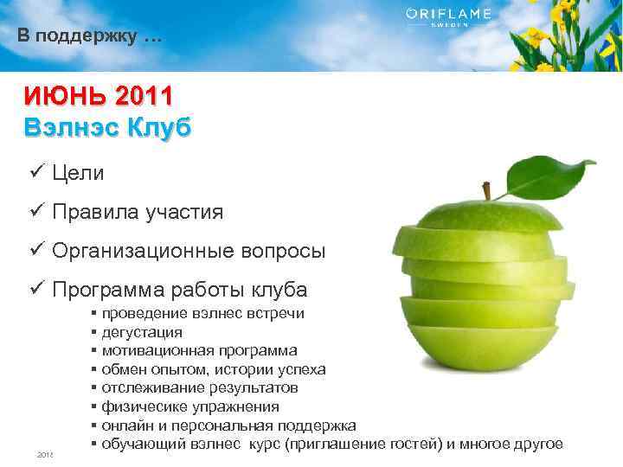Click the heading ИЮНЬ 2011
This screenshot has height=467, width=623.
click(98, 94)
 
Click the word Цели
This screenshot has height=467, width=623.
click(77, 173)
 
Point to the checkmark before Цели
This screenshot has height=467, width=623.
click(35, 172)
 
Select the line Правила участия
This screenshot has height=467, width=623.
click(137, 212)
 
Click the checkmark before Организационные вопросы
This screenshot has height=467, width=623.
click(35, 251)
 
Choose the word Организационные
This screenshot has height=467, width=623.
click(139, 251)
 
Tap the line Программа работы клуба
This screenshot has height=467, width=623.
click(178, 290)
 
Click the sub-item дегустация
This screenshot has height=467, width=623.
click(142, 331)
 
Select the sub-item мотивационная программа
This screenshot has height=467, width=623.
click(199, 350)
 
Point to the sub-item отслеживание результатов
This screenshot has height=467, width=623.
click(204, 388)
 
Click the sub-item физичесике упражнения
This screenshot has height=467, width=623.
click(190, 406)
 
